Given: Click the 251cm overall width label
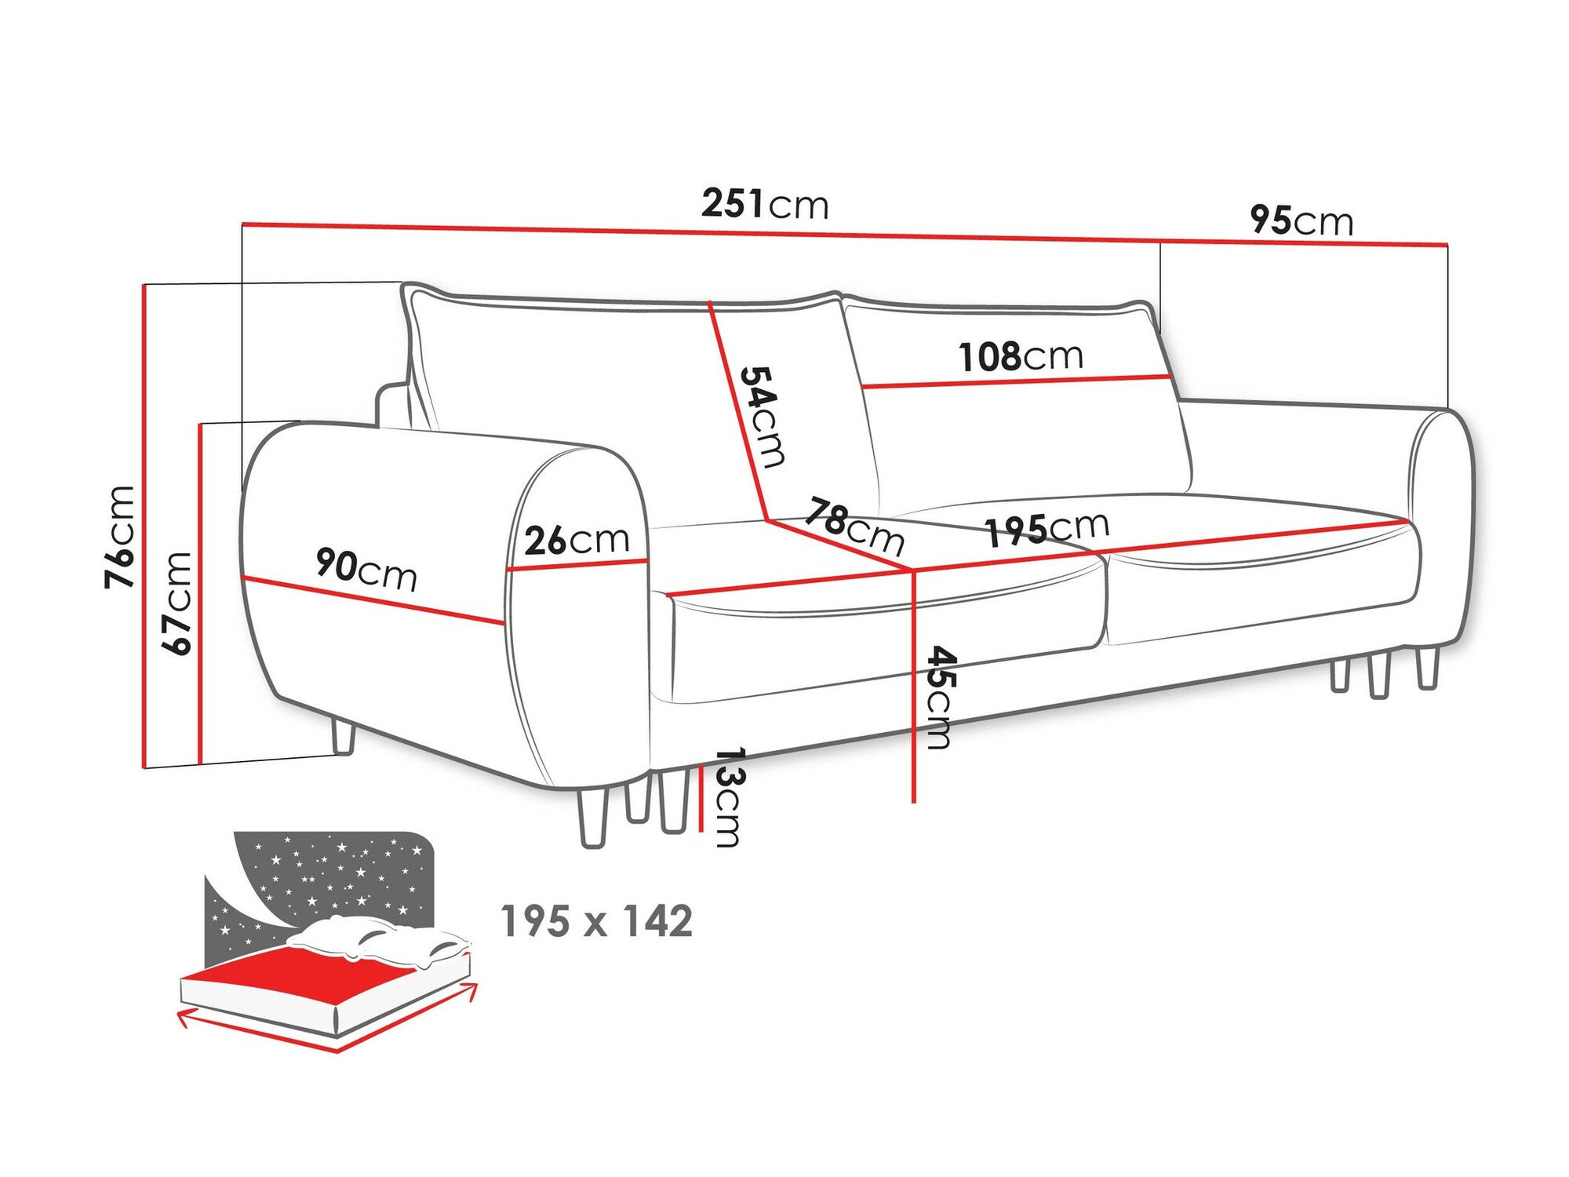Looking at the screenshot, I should click(765, 204).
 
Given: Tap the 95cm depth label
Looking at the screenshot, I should click(1301, 220).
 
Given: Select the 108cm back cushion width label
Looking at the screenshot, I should click(1021, 357).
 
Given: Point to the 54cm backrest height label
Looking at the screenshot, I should click(761, 417).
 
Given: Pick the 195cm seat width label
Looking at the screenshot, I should click(1047, 529).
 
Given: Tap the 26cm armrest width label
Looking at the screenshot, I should click(577, 540).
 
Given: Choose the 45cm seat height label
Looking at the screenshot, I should click(939, 698).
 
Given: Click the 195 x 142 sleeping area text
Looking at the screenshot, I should click(596, 921).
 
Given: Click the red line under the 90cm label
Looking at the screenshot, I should click(373, 601).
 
